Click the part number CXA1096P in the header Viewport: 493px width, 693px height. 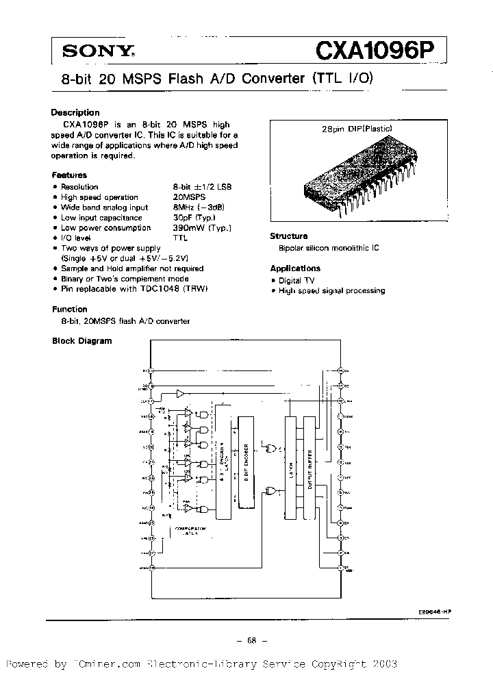tap(376, 50)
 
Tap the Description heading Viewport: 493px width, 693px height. tap(75, 112)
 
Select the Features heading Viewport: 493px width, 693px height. tap(69, 175)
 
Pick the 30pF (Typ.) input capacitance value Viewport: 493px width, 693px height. tap(196, 218)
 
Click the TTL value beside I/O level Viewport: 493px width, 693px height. tap(179, 238)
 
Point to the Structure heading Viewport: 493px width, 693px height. tap(288, 236)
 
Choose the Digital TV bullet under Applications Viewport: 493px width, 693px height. tap(295, 280)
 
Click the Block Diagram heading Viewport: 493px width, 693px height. tap(82, 340)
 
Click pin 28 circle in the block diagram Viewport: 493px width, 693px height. tap(340, 370)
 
